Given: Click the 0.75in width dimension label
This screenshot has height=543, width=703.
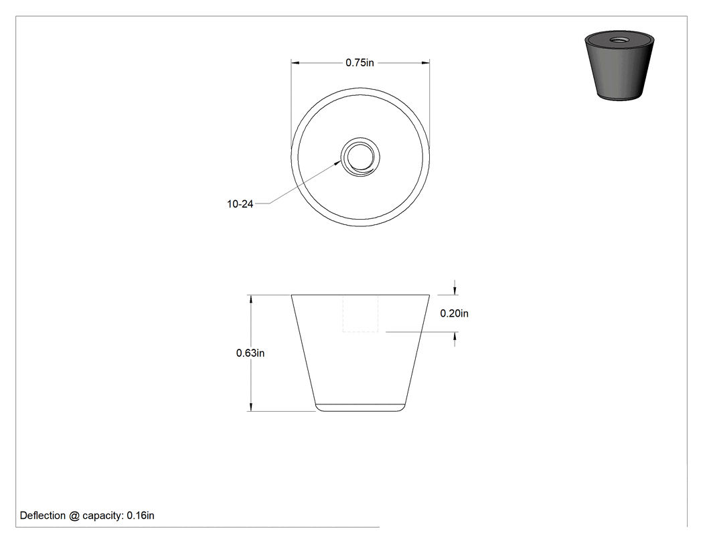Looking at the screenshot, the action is (360, 63).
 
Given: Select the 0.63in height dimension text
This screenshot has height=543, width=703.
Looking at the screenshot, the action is (250, 354).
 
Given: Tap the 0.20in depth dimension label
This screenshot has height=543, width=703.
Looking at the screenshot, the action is (454, 313).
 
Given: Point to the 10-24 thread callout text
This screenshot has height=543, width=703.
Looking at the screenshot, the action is (240, 204).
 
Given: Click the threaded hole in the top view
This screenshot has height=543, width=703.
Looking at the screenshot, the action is (360, 157).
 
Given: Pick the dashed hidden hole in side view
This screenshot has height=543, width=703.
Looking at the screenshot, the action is (360, 313).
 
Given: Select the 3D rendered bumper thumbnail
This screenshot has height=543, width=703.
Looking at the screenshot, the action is (619, 66).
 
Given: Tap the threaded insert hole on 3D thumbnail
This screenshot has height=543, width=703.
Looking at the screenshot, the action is (619, 40).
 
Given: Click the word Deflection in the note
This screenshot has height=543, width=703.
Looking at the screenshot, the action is (43, 516).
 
